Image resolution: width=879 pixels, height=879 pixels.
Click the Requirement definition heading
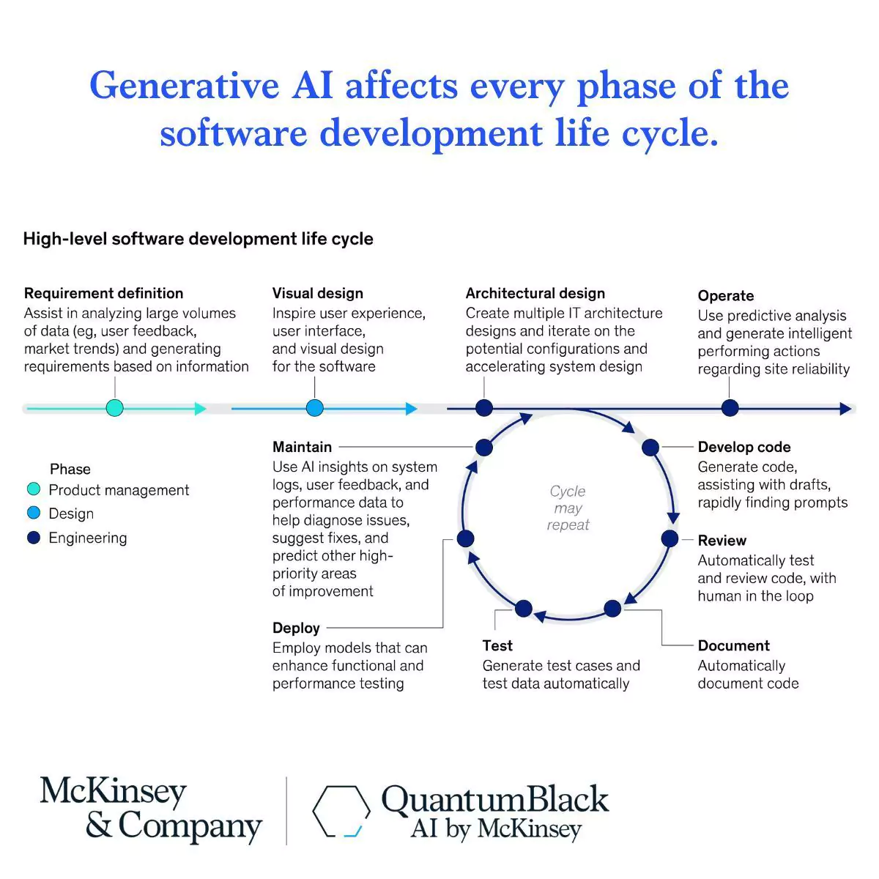(x=103, y=293)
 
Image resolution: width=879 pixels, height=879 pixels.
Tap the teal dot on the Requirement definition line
(x=114, y=408)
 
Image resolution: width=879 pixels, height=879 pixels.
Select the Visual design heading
(x=317, y=293)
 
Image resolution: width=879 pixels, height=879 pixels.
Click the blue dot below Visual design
(x=314, y=408)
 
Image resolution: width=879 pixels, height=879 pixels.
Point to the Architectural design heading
(x=535, y=293)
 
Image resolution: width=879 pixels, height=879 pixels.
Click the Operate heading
(x=725, y=296)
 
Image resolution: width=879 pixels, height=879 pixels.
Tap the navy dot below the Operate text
(x=730, y=408)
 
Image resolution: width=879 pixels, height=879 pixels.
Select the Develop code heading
(x=743, y=447)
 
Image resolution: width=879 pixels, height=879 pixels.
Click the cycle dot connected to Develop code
(x=650, y=447)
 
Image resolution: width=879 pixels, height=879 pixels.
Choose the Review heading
(x=722, y=541)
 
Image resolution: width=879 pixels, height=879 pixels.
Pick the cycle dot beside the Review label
(x=670, y=539)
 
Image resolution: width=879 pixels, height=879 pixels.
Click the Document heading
(x=733, y=645)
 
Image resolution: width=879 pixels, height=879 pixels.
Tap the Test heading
(x=497, y=645)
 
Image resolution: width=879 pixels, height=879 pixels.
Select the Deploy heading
(x=296, y=628)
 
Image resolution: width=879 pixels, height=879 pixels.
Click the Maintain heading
(x=302, y=447)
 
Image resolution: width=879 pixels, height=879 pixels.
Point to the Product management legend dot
(x=34, y=489)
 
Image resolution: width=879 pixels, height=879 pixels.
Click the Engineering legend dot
(x=34, y=538)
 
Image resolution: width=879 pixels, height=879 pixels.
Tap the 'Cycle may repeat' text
(x=568, y=508)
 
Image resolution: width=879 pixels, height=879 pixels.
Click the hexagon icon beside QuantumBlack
(x=341, y=811)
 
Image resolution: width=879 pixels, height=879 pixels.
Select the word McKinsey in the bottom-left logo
(x=113, y=792)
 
